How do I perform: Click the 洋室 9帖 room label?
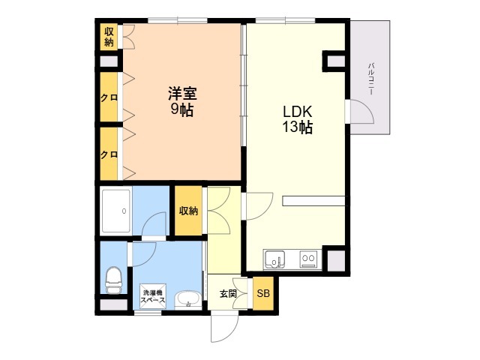182,102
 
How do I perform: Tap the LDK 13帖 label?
297,119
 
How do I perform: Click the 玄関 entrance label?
228,293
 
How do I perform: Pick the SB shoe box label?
263,293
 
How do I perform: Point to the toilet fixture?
113,280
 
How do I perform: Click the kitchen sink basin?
275,259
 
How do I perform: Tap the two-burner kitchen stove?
308,259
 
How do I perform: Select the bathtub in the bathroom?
116,211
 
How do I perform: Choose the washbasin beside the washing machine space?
188,300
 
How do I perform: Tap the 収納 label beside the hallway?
188,211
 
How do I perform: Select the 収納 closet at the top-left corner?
109,37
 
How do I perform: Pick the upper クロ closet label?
109,97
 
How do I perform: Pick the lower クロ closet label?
109,154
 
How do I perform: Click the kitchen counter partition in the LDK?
313,201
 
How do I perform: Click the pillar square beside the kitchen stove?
336,260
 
